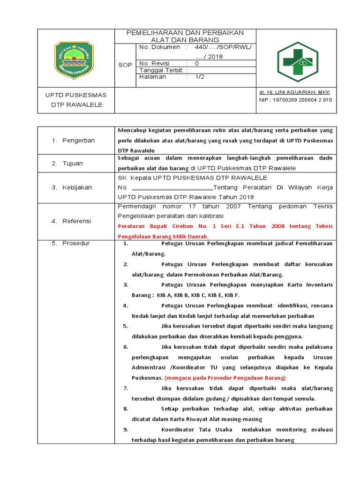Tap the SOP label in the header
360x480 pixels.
point(125,65)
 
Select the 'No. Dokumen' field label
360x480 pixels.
point(159,47)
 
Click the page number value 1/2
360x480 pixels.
point(200,77)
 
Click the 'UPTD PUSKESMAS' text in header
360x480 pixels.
point(76,95)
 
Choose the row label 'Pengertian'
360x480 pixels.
point(78,140)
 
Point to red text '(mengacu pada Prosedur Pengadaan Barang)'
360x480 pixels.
point(225,377)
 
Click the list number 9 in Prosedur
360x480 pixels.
point(126,429)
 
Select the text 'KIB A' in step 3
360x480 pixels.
point(165,295)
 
